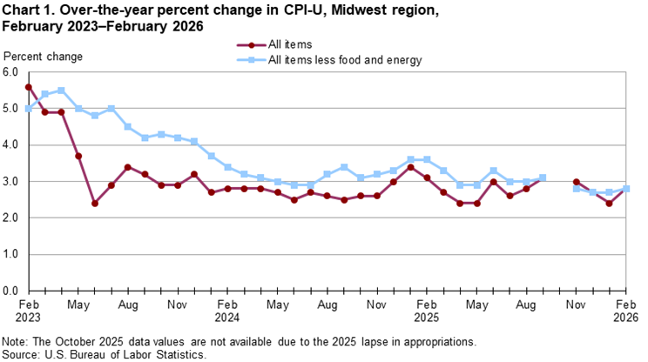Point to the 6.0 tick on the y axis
tap(11, 73)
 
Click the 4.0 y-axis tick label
tap(11, 145)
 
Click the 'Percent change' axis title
tap(44, 57)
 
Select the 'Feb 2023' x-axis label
tap(29, 312)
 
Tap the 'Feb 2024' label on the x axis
tap(227, 312)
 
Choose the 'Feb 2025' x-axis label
tap(427, 312)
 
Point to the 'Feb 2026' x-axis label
tap(625, 312)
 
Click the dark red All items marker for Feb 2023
tap(29, 87)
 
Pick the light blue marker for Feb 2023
tap(29, 109)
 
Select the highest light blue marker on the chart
tap(62, 90)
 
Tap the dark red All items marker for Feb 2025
tap(427, 178)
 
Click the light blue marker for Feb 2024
tap(227, 167)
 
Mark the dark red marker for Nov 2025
tap(576, 182)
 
